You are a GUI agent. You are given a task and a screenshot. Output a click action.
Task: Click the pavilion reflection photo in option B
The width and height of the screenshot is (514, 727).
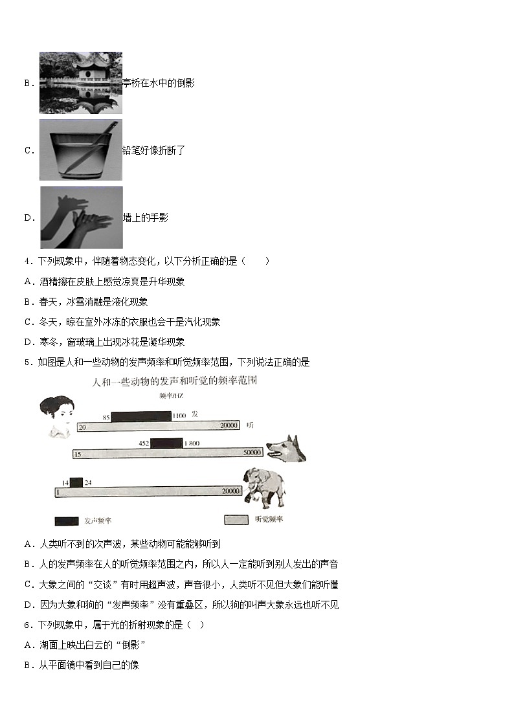tap(81, 83)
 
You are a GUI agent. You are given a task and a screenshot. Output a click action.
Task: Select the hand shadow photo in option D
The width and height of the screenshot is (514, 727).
tap(81, 218)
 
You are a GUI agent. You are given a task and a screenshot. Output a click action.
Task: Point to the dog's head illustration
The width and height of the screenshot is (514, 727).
tap(286, 448)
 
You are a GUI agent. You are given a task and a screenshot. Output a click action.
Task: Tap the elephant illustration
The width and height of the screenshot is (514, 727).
tap(264, 487)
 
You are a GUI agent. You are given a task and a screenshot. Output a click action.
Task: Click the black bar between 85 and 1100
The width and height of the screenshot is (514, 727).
tap(141, 416)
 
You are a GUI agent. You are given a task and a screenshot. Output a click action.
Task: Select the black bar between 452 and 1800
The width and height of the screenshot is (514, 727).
tap(167, 443)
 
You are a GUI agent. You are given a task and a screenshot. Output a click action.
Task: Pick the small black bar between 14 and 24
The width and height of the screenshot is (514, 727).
tap(76, 482)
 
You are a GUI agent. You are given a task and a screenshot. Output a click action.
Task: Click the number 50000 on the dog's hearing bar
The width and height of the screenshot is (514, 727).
tap(252, 453)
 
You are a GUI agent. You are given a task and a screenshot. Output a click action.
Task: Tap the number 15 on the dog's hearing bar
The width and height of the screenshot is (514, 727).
tap(78, 454)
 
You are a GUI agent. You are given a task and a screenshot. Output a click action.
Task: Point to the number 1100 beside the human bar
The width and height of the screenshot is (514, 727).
tap(179, 416)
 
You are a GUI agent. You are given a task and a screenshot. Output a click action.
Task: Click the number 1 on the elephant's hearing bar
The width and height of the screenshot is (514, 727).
tap(58, 493)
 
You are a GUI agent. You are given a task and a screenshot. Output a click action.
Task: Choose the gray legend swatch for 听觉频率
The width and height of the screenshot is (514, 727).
tap(236, 520)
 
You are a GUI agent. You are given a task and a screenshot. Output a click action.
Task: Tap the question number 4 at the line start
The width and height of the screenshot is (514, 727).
tap(27, 262)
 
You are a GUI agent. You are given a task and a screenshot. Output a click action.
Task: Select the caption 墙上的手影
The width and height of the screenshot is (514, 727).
tap(146, 218)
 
